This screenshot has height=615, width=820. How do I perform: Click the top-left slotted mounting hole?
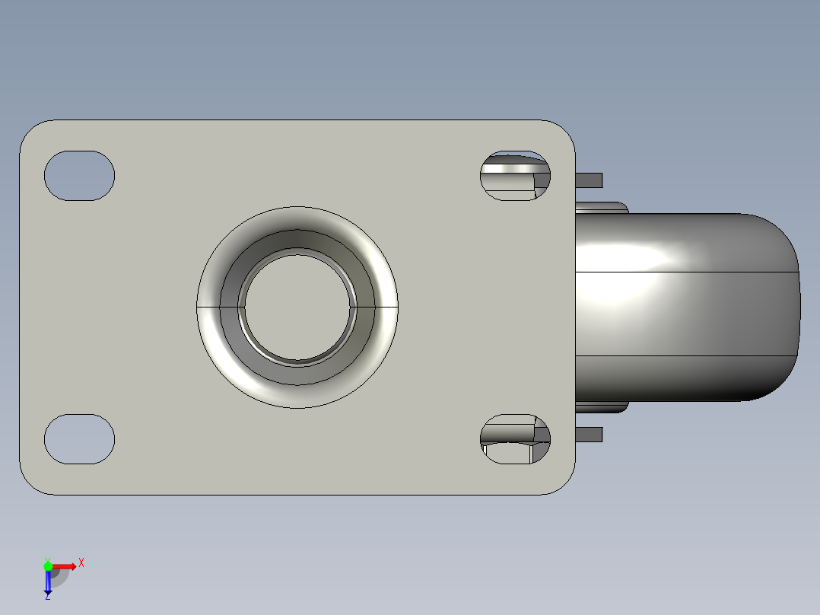coord(79,176)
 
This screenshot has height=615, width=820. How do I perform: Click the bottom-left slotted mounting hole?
coord(79,439)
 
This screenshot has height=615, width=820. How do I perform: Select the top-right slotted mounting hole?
coord(515,176)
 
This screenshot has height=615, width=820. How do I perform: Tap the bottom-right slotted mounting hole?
coord(515,439)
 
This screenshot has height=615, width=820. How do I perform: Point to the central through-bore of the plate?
coord(297,307)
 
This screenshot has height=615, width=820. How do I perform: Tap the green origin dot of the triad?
coord(48,566)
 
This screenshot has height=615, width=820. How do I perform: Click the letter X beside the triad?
coord(81,563)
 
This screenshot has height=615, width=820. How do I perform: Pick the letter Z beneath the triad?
coord(47,597)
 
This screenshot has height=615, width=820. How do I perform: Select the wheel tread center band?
coord(685,314)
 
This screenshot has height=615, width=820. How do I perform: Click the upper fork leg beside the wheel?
coord(601,207)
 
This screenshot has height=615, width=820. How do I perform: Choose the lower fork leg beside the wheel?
coord(601,407)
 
